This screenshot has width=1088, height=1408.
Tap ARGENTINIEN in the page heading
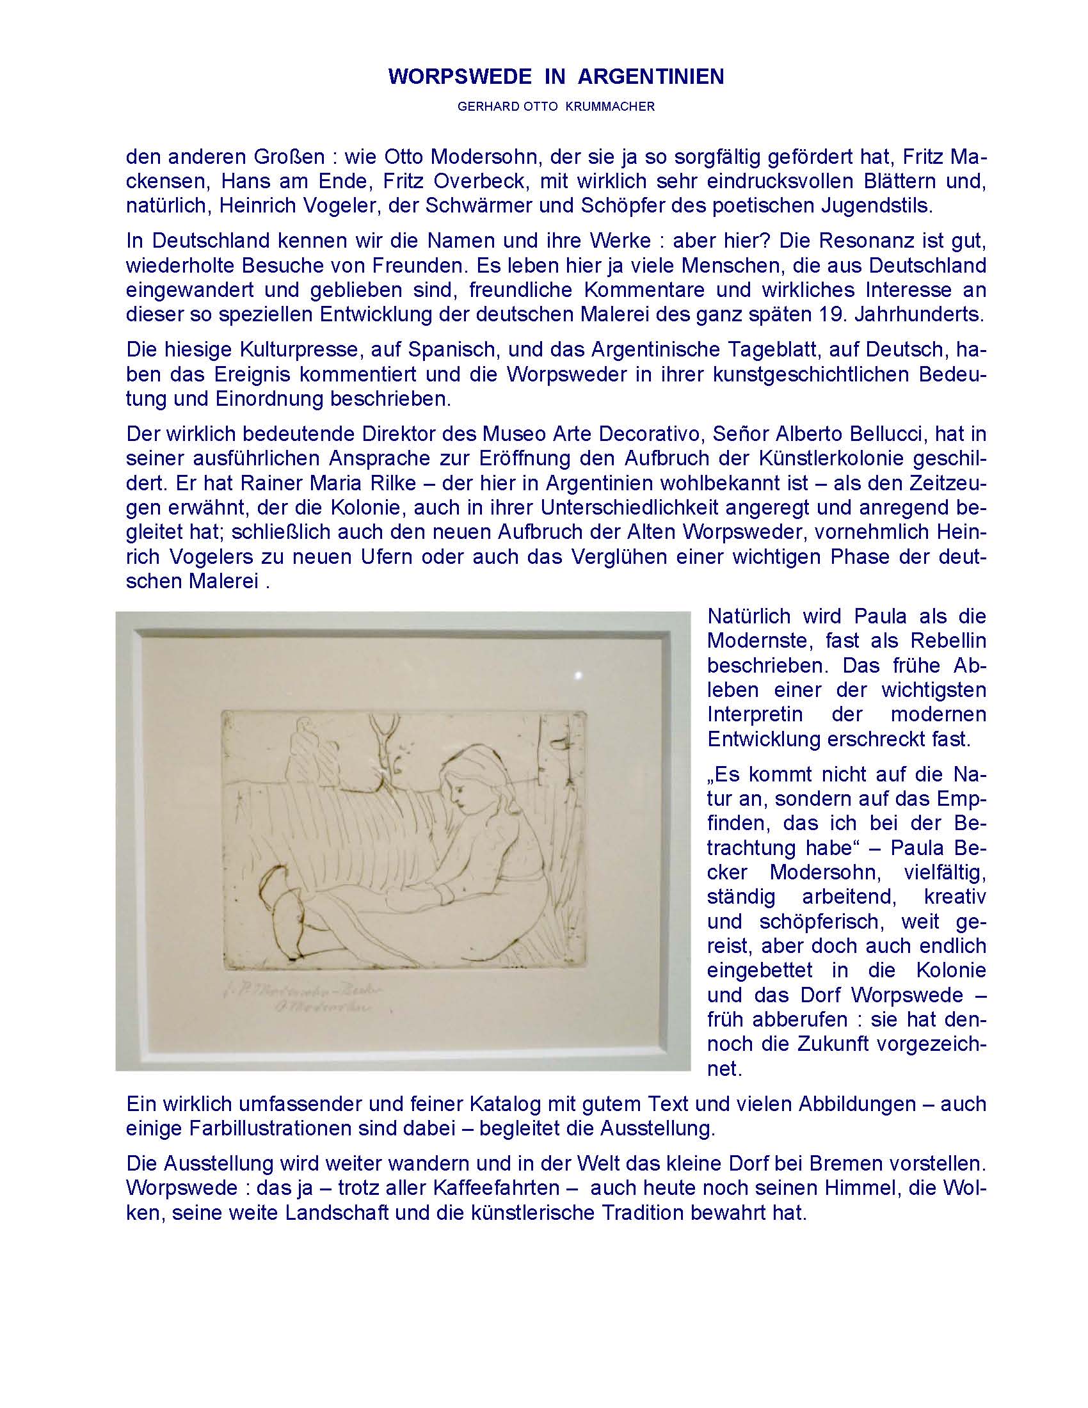[x=651, y=77]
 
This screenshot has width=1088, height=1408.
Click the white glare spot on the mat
[x=577, y=675]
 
